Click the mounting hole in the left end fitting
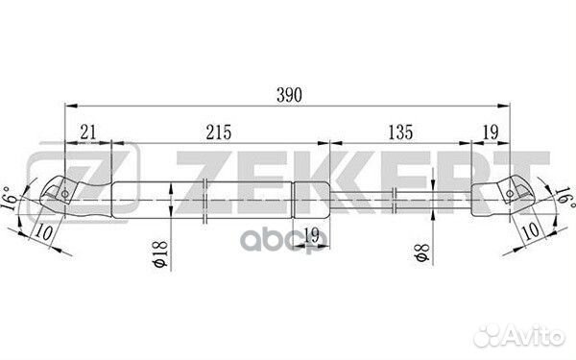64,195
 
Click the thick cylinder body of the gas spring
202,198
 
